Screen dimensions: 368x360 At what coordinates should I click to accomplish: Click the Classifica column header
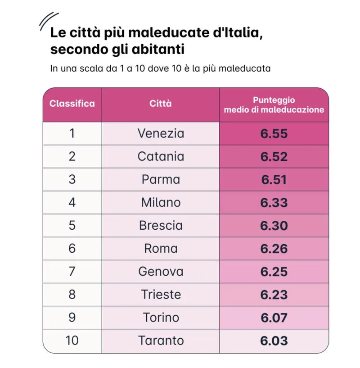[72, 104]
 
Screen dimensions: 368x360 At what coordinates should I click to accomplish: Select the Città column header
[161, 104]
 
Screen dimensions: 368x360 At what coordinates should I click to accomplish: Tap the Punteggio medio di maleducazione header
[274, 104]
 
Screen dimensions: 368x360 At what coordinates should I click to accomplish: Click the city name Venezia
[161, 133]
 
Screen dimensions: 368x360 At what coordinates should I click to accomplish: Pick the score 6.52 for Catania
[274, 156]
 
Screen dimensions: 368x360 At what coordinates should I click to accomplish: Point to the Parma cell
[161, 179]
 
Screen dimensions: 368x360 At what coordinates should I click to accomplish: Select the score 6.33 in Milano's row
[274, 203]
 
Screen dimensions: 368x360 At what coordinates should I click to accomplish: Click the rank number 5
[72, 226]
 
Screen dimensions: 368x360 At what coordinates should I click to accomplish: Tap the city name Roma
[161, 249]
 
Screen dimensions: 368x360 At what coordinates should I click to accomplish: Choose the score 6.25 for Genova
[274, 272]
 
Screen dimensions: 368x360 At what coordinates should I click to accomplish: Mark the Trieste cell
[161, 295]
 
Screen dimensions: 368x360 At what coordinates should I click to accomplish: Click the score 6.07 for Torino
[274, 318]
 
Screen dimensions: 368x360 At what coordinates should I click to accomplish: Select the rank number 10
[72, 341]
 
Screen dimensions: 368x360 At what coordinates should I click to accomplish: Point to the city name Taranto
[161, 341]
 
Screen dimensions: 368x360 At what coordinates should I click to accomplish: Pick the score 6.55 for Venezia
[274, 133]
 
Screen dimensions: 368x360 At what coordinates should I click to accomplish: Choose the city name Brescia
[161, 226]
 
